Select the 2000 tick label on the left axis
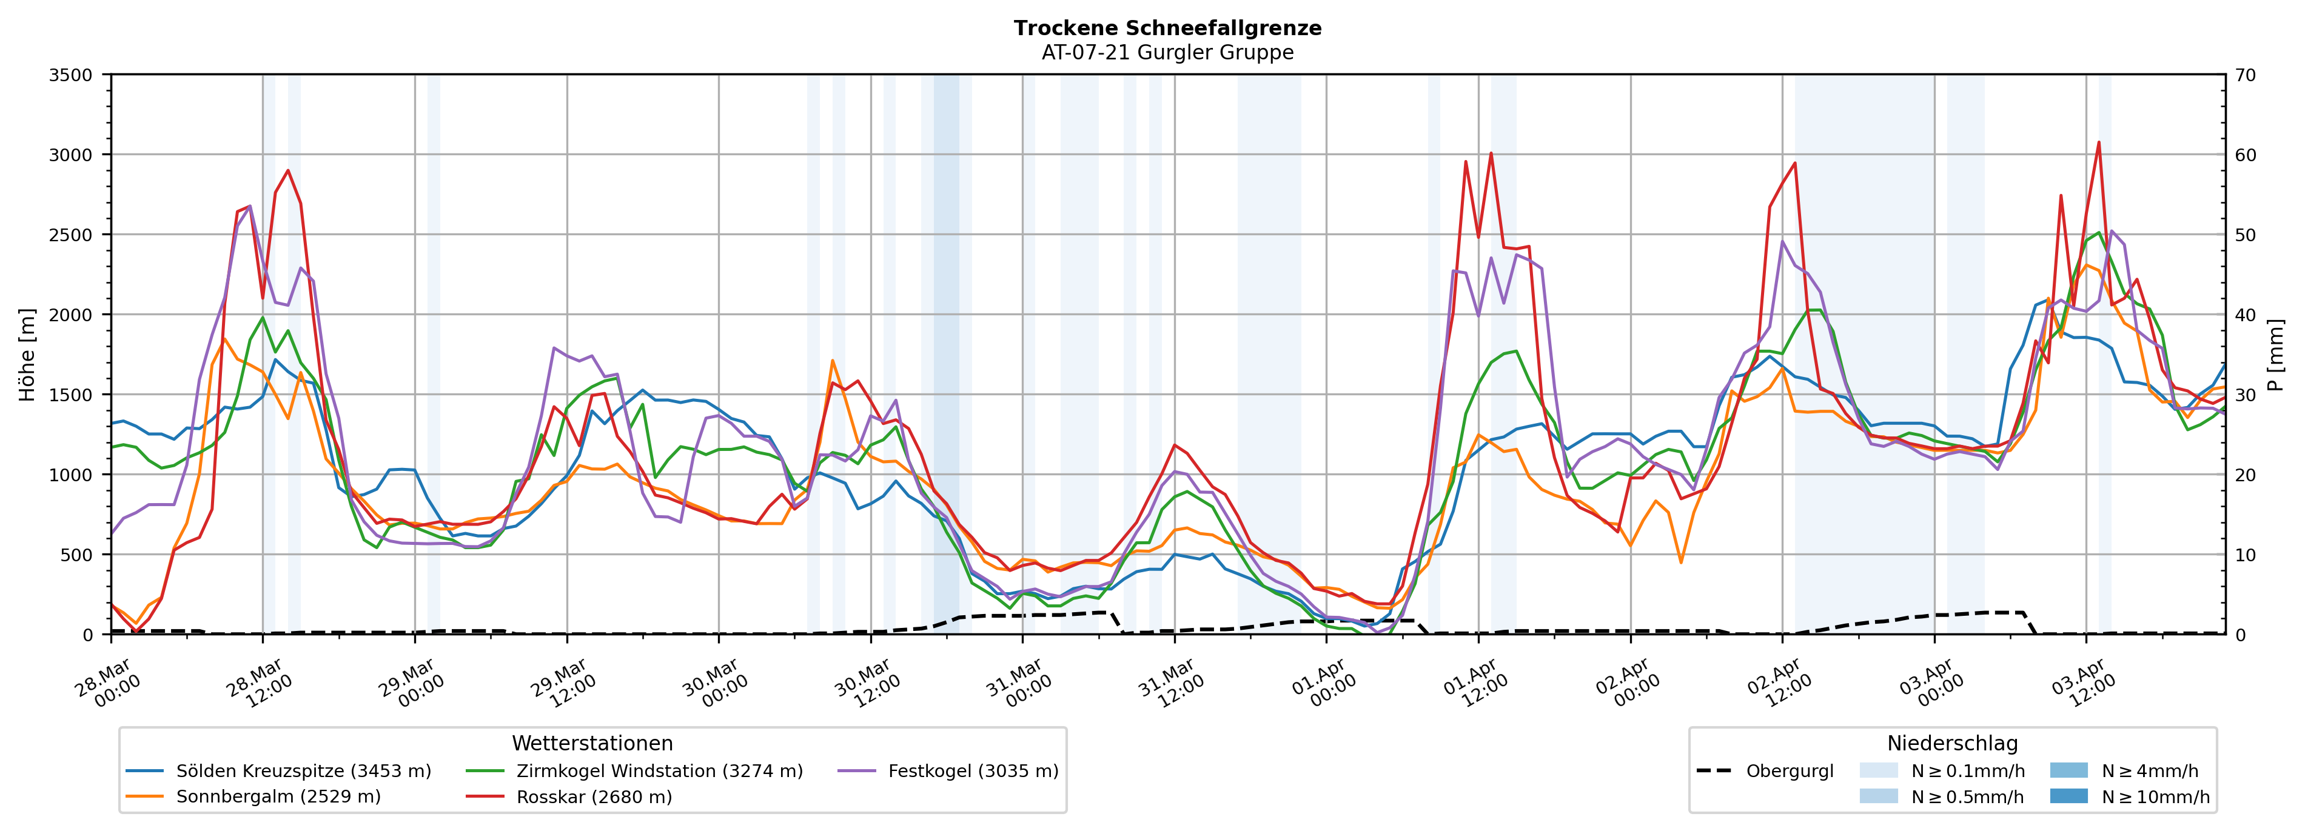point(71,315)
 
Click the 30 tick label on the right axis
point(2245,395)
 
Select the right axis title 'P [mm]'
point(2275,354)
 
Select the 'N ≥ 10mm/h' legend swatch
point(2068,796)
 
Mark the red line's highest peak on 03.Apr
point(2098,142)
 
